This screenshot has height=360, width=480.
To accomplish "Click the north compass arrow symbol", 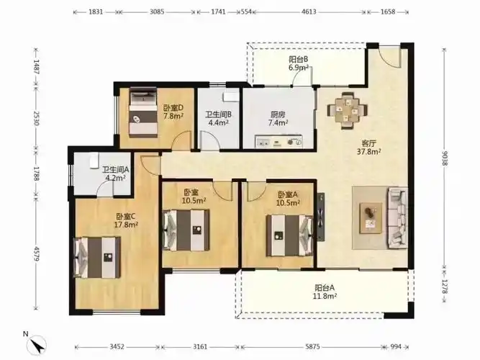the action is tap(37, 344).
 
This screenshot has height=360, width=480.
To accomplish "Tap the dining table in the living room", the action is tap(348, 111).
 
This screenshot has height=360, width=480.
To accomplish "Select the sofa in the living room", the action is tap(398, 218).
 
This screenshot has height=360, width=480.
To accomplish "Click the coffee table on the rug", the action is tap(371, 218).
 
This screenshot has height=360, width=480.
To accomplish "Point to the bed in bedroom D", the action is tap(143, 112).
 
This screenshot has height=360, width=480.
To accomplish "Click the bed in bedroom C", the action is tap(96, 257).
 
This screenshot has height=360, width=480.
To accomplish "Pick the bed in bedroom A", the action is tap(289, 235).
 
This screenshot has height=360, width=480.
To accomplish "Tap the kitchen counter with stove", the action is tap(279, 142).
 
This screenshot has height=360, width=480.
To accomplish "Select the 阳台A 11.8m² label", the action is tap(325, 292).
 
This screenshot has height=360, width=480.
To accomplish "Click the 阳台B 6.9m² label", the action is tap(299, 63).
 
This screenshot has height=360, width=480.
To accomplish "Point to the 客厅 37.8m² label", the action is tap(369, 148).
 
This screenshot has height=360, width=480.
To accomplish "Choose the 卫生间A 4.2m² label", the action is tap(115, 174).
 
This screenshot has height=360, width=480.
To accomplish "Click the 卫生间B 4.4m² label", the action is tap(218, 119).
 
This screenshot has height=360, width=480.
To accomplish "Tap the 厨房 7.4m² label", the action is tap(278, 119).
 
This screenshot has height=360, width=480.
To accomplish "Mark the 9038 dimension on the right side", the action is tap(445, 158).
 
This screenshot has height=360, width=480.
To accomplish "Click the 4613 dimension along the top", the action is tap(309, 12).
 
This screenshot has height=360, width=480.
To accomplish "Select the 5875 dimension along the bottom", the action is tap(312, 347).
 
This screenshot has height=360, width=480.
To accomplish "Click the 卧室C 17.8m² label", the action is tap(126, 220).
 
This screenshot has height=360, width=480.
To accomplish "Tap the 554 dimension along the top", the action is tap(246, 12).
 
